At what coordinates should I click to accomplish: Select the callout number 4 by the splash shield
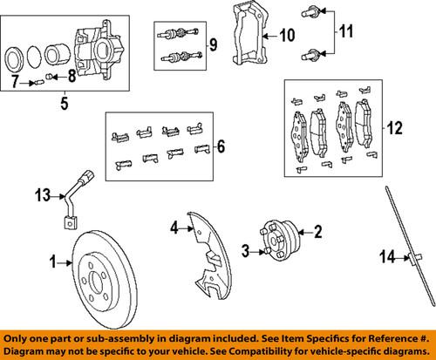pyautogui.click(x=174, y=228)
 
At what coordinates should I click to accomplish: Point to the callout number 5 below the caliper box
pyautogui.click(x=63, y=112)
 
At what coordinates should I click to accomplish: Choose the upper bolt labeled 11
pyautogui.click(x=310, y=12)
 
